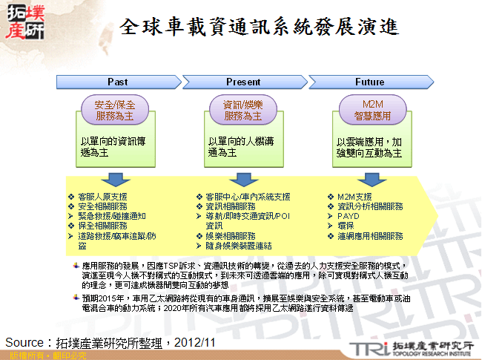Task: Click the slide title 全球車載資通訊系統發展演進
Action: pyautogui.click(x=260, y=27)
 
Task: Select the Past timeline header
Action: pyautogui.click(x=118, y=82)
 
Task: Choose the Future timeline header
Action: pyautogui.click(x=369, y=82)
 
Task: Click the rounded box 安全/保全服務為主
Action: pyautogui.click(x=114, y=111)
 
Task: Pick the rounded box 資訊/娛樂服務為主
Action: pyautogui.click(x=242, y=111)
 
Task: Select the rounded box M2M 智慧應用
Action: pyautogui.click(x=371, y=111)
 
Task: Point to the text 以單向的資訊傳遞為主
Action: pyautogui.click(x=113, y=145)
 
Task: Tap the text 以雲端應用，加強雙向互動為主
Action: pyautogui.click(x=369, y=146)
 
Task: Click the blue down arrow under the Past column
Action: pyautogui.click(x=115, y=179)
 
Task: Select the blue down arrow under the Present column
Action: pyautogui.click(x=241, y=179)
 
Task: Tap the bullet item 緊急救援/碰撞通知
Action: pyautogui.click(x=111, y=216)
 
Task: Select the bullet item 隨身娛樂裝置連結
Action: pyautogui.click(x=238, y=245)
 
